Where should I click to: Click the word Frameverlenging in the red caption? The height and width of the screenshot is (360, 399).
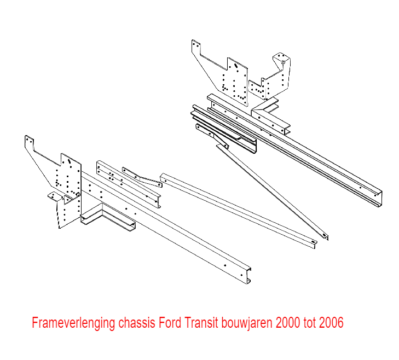(x=73, y=323)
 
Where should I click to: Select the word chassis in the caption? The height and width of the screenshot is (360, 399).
(x=136, y=322)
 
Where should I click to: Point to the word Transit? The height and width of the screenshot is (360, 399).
(x=201, y=322)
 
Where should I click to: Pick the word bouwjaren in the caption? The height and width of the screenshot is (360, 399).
(x=247, y=323)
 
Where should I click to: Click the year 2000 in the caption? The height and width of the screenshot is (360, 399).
(x=288, y=322)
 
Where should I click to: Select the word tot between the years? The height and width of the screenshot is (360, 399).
(x=309, y=322)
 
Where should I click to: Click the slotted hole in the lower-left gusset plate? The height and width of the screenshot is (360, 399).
(x=69, y=161)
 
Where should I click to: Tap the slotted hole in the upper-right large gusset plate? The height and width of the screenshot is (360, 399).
(x=235, y=66)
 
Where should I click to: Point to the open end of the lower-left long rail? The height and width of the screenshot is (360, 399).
(x=248, y=275)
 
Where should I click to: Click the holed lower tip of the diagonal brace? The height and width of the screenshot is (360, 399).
(x=324, y=235)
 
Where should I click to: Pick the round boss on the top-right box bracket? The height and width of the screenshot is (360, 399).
(x=283, y=62)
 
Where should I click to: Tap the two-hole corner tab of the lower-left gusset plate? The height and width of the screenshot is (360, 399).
(x=29, y=141)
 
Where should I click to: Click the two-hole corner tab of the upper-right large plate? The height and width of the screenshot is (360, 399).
(x=196, y=45)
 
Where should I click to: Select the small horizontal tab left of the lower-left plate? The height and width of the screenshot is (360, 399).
(x=54, y=196)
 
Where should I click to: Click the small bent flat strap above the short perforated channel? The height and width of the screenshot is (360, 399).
(x=142, y=177)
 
